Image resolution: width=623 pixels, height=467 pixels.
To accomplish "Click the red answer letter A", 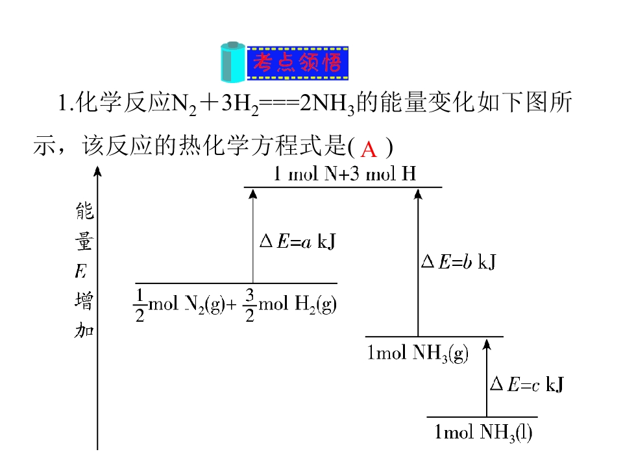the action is (369, 150).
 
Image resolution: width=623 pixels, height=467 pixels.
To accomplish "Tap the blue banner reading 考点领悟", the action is (298, 63).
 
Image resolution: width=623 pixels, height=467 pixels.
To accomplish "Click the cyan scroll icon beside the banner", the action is (233, 62).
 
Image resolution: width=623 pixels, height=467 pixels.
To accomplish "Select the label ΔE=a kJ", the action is (298, 241).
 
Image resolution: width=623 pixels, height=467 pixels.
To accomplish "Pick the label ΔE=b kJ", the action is (459, 261).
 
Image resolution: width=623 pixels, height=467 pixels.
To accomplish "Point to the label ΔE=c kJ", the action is (527, 384).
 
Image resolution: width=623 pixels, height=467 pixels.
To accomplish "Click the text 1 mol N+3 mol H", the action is (345, 174).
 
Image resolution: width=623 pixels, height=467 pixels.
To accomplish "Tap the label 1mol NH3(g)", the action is (417, 353).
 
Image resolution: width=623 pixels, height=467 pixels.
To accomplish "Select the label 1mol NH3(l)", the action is (483, 433).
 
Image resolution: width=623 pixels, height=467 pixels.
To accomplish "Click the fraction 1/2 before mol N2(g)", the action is (140, 305).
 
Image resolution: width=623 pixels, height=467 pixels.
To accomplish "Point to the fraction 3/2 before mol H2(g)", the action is (249, 305).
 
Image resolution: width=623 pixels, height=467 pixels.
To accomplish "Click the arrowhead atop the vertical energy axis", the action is (97, 171).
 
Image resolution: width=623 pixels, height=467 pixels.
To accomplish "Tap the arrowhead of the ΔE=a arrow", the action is (252, 193).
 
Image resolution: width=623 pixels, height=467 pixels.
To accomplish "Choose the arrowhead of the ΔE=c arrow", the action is (487, 344).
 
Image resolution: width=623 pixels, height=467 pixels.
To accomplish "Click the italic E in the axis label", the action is (80, 272).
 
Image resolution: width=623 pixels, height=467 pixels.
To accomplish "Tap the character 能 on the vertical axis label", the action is (84, 211).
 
